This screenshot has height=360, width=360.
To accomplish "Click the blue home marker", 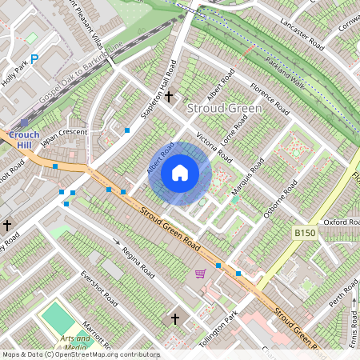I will pos(180,172).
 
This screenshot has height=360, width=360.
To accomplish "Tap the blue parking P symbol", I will pos(34,58).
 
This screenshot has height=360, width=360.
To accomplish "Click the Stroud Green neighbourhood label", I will pos(218,107).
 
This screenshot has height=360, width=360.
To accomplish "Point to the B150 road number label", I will pos(304,231).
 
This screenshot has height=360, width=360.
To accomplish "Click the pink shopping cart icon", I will pos(200,274).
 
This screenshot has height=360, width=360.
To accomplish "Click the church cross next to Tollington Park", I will pos(175,318).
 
